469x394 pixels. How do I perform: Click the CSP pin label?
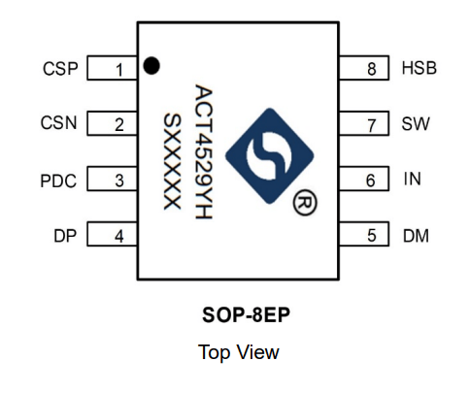click(x=60, y=69)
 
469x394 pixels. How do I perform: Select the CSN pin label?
click(x=59, y=123)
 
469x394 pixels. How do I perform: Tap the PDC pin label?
click(x=58, y=181)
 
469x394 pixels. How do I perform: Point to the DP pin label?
click(x=65, y=236)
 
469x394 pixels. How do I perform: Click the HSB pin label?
click(x=419, y=68)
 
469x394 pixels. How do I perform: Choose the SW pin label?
click(x=416, y=123)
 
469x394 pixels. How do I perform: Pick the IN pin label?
click(x=413, y=179)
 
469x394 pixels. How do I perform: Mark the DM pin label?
click(x=416, y=236)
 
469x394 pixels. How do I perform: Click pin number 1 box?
click(x=112, y=68)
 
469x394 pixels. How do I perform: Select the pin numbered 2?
click(x=112, y=123)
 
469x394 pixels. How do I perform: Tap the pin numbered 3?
click(x=112, y=179)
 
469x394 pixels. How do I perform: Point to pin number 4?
click(x=112, y=234)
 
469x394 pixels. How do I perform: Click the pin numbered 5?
click(x=364, y=234)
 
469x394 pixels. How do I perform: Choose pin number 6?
click(x=364, y=179)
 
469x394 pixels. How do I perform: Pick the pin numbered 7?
click(x=364, y=123)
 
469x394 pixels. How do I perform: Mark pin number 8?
click(x=364, y=68)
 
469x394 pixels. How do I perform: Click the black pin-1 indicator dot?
click(x=151, y=66)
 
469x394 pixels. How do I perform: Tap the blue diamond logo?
click(x=270, y=156)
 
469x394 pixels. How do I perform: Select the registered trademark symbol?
click(x=305, y=203)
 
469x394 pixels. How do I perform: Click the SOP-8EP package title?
click(x=246, y=314)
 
